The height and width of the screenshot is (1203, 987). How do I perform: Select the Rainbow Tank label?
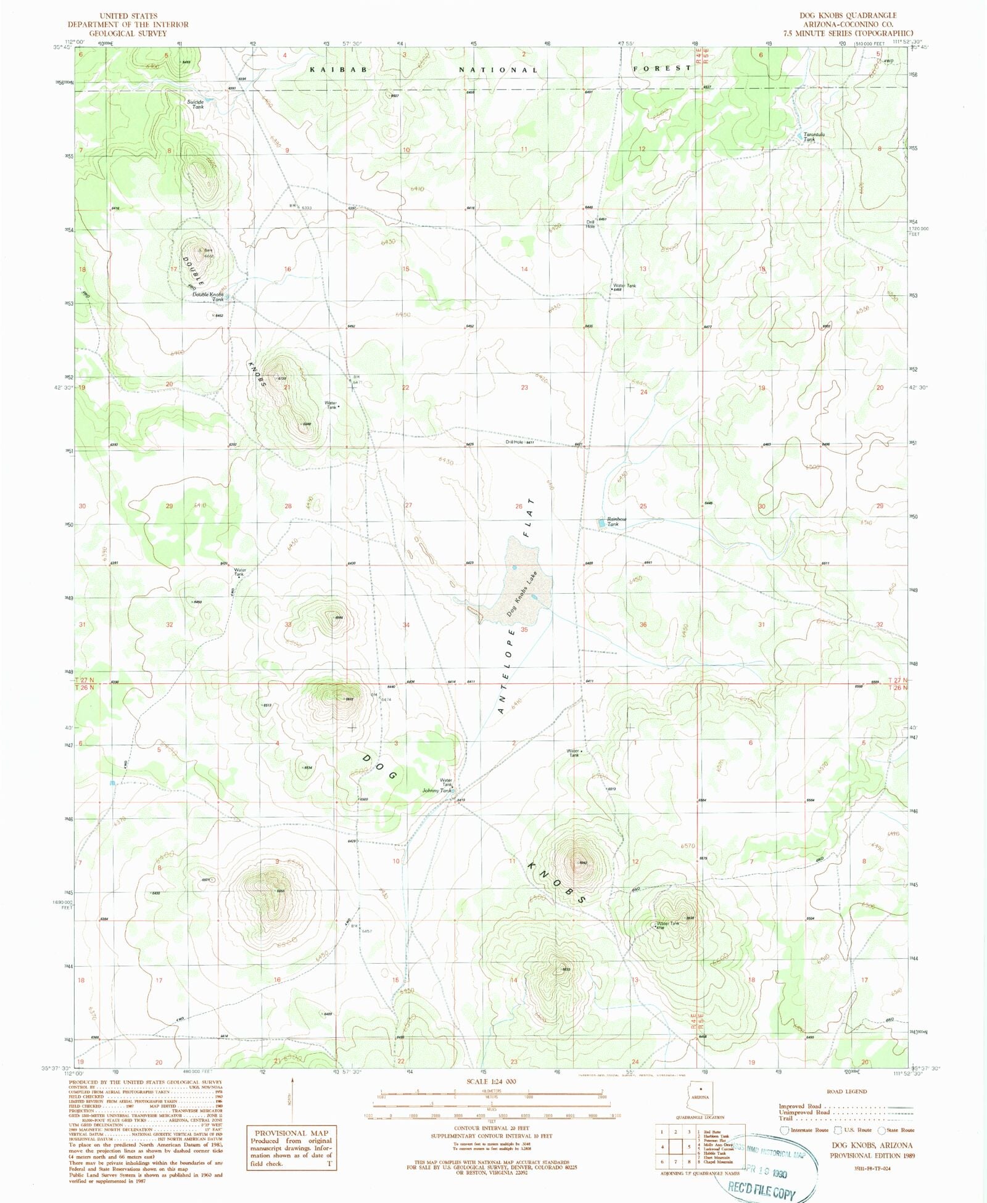click(616, 522)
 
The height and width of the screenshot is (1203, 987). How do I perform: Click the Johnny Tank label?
click(437, 790)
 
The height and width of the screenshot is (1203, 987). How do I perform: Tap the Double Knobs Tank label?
click(208, 297)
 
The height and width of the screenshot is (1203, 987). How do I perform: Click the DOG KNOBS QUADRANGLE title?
click(848, 15)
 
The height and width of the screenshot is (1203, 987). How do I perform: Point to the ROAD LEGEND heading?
click(847, 1091)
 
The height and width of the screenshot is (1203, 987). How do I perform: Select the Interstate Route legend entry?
click(805, 1130)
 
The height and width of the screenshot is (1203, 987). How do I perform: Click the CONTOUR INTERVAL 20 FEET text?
click(492, 1128)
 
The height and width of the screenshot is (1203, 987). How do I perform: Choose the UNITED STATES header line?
click(128, 15)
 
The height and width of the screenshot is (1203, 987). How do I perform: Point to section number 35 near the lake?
click(524, 630)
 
